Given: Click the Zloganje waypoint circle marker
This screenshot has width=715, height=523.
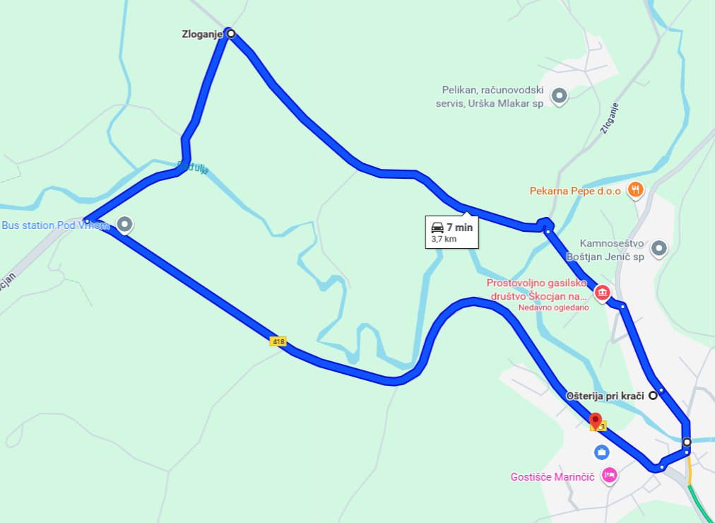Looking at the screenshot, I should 230,33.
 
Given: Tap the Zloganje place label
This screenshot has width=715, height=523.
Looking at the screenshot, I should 202,34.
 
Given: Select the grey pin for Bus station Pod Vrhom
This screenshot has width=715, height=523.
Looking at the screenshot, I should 125,225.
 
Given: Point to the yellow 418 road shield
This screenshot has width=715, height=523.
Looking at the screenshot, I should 278,342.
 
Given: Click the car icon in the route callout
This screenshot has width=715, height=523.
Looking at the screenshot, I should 437,228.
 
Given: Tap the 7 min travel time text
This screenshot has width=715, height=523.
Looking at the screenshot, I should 459,228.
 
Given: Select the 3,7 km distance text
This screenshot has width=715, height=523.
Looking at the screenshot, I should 444,240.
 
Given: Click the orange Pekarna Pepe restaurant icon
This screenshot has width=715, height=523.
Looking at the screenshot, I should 636,189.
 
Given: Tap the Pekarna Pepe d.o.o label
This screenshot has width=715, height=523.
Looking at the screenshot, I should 575,191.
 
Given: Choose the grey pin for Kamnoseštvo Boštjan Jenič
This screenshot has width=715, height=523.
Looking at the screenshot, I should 658,248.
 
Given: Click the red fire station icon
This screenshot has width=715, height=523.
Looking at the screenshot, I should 602,292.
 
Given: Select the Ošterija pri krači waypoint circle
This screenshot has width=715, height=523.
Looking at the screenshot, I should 654,396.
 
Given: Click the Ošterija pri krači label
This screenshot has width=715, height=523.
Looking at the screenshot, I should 605,396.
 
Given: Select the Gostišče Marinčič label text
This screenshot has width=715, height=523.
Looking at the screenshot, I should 554,477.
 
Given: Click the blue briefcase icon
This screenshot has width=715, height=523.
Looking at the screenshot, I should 602,452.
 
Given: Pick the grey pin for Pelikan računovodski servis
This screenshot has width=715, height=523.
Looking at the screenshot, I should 560,95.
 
